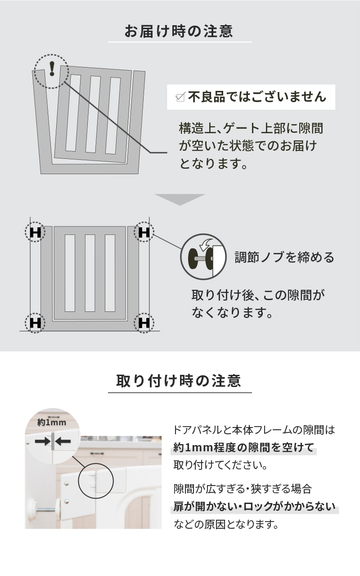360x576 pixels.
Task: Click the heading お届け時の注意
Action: click(x=179, y=31)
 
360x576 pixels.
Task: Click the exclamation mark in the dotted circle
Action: click(x=52, y=69)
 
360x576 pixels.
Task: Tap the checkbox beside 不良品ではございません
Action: click(x=180, y=97)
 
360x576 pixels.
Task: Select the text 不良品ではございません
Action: click(x=257, y=97)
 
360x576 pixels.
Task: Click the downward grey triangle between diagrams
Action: click(x=180, y=199)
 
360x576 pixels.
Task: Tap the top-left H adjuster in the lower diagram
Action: click(x=35, y=232)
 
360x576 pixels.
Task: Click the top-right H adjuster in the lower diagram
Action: click(x=144, y=232)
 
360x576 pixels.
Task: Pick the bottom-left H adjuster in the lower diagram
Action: click(x=35, y=323)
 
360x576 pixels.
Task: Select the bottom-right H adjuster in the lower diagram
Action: click(x=144, y=323)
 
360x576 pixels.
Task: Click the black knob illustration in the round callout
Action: click(x=201, y=258)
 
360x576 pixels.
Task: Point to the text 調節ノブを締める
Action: click(x=284, y=257)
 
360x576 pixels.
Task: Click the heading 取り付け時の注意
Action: click(x=179, y=381)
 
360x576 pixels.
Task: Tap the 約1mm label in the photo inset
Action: click(x=52, y=422)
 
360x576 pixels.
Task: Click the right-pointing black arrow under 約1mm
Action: click(x=43, y=442)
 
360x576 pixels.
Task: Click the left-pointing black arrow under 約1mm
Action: click(x=63, y=442)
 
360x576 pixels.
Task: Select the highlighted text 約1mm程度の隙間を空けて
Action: click(x=243, y=448)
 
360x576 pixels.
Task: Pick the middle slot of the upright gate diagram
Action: click(x=90, y=273)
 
